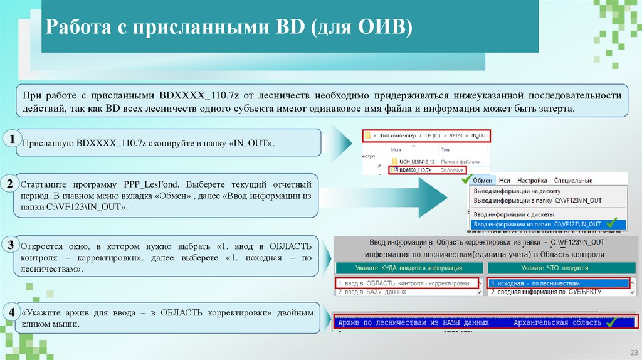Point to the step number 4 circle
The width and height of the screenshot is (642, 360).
pyautogui.click(x=11, y=312)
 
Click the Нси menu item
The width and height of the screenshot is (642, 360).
pyautogui.click(x=505, y=180)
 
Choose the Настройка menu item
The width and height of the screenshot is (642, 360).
pyautogui.click(x=532, y=180)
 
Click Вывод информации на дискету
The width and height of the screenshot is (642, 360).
pyautogui.click(x=517, y=191)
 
